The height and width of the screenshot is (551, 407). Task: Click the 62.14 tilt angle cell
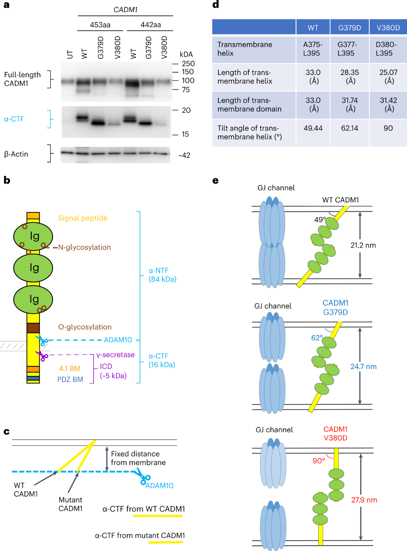click(349, 128)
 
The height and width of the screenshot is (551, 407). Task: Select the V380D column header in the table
click(388, 28)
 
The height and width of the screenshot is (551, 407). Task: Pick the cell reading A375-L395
click(313, 49)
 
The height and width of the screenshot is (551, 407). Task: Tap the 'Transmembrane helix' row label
click(245, 49)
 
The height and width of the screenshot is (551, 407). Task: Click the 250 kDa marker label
click(188, 63)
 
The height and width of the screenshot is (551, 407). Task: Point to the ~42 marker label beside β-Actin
click(185, 155)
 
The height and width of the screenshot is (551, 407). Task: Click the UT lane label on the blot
click(70, 54)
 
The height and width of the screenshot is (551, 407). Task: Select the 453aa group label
click(100, 25)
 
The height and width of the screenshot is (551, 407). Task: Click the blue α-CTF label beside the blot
click(14, 119)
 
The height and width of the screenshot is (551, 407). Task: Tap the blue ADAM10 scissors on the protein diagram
click(43, 340)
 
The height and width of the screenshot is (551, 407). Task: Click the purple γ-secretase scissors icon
click(42, 355)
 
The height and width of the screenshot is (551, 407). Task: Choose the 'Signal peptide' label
click(83, 218)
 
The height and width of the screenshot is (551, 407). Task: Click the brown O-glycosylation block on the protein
click(33, 328)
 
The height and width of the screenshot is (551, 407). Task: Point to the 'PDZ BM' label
click(70, 379)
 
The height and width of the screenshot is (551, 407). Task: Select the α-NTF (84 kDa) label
click(162, 275)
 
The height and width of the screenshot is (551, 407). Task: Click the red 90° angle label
click(319, 461)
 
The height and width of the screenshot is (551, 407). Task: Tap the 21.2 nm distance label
click(363, 245)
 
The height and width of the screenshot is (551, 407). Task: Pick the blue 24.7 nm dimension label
click(363, 367)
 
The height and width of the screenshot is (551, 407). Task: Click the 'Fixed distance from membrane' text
click(138, 458)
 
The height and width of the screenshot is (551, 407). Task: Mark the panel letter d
click(216, 5)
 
